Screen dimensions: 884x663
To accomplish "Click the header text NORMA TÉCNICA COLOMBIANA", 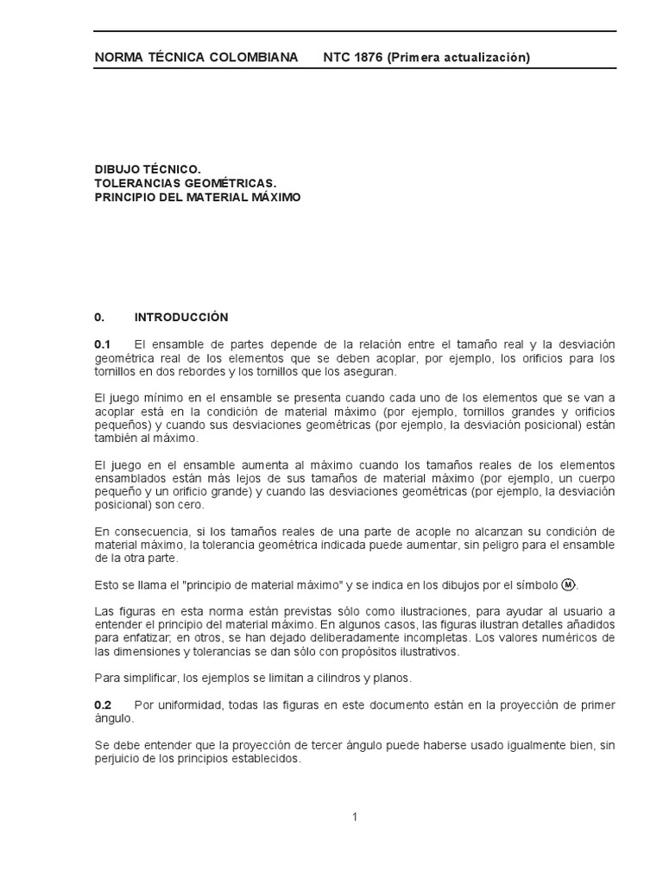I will (196, 58).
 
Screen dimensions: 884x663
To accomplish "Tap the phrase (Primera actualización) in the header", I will (458, 58).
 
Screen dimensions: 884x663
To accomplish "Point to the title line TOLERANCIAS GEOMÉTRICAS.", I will (185, 184).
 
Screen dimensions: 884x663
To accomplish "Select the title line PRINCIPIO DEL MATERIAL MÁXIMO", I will (198, 197).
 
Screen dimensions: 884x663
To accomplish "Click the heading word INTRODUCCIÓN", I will (181, 318).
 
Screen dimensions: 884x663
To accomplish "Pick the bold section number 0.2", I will (103, 705).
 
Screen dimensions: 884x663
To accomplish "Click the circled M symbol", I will (568, 584).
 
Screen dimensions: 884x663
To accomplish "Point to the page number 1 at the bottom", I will (355, 818).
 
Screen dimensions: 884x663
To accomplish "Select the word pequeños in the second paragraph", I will (120, 426).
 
